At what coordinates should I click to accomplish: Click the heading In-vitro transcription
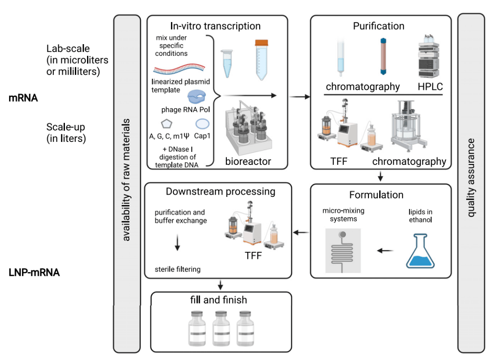coord(215,26)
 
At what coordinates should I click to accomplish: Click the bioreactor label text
coord(248,161)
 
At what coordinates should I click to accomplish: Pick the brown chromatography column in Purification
coord(383,56)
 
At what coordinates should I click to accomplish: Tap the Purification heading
coord(378,26)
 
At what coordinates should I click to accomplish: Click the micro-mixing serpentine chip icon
coord(343,250)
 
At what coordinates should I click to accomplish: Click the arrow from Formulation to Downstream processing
coord(301,232)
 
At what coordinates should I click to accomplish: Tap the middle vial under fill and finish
coord(220,327)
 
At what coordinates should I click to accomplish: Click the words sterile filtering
coord(177,269)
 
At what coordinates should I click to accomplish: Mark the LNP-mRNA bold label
coord(34,272)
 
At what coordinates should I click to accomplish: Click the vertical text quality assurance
coord(471,178)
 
